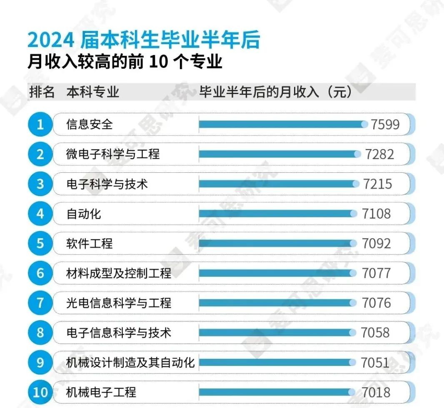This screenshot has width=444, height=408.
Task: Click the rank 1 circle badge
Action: coord(40,124)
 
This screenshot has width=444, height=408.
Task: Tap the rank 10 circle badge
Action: coord(40,392)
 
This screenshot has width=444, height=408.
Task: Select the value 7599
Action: coord(385,124)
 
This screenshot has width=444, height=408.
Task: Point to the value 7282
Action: coord(379,154)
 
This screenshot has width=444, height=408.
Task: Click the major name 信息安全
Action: coord(90,124)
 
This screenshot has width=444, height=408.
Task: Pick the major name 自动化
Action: coord(84,214)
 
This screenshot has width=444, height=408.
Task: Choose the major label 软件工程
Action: coord(90,243)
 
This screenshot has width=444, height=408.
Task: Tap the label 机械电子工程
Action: coord(101,392)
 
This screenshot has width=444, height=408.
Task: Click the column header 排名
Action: coord(42,92)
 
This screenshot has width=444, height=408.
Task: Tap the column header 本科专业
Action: coord(92,92)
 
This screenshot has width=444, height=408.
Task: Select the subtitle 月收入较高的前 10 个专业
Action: coord(125,62)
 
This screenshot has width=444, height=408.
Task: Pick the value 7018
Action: coord(376,392)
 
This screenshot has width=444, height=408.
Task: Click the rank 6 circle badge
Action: coord(40,273)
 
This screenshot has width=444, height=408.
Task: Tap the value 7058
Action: coord(376,333)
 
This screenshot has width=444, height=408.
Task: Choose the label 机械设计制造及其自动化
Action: coord(130,362)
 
